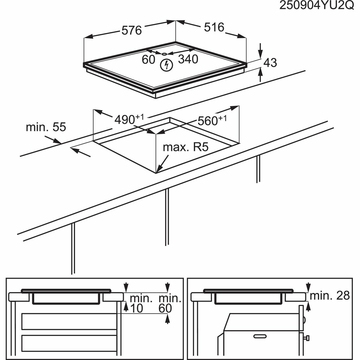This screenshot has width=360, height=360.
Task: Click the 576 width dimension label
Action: [x=131, y=31]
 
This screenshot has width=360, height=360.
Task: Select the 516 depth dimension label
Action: [x=214, y=27]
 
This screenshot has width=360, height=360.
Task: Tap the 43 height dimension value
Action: [x=270, y=62]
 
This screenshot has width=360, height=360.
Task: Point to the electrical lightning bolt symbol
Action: [x=165, y=65]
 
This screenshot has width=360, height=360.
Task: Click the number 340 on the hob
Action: [x=188, y=59]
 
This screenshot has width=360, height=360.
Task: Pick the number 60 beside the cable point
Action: [x=149, y=60]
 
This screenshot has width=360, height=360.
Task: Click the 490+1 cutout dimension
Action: [x=129, y=119]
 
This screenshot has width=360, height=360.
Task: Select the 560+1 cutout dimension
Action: [x=212, y=120]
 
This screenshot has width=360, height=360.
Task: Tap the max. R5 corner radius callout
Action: [x=185, y=147]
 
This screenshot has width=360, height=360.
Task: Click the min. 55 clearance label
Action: [x=46, y=127]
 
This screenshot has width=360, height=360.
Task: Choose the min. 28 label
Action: [x=330, y=295]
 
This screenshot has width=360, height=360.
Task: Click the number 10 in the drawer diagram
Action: [x=136, y=308]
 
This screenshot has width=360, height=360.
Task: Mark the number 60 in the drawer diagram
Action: [x=165, y=308]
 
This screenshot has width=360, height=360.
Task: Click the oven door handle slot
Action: [x=262, y=336]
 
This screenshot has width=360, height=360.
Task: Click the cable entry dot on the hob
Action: [x=164, y=53]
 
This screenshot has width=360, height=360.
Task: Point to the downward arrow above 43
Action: [x=260, y=50]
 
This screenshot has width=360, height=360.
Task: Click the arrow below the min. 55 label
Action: [x=81, y=152]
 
